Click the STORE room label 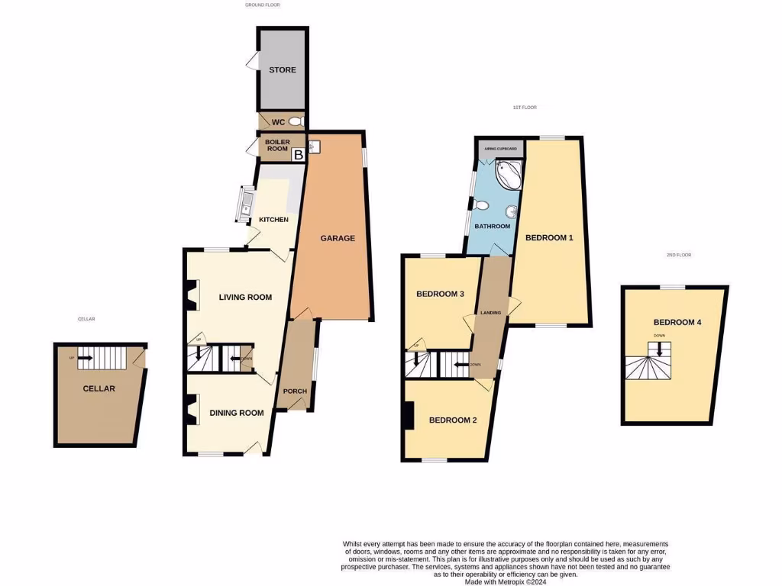click(282, 70)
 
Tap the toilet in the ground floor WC click(296, 121)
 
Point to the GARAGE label click(337, 238)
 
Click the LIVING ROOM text click(245, 298)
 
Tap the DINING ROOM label click(237, 413)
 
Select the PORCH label click(295, 391)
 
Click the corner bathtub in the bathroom click(508, 174)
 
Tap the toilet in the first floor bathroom click(481, 204)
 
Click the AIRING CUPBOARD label click(500, 148)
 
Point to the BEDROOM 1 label click(549, 238)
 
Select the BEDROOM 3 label click(441, 294)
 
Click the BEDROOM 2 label click(453, 420)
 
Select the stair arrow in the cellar click(84, 358)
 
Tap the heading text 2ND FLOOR click(677, 255)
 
